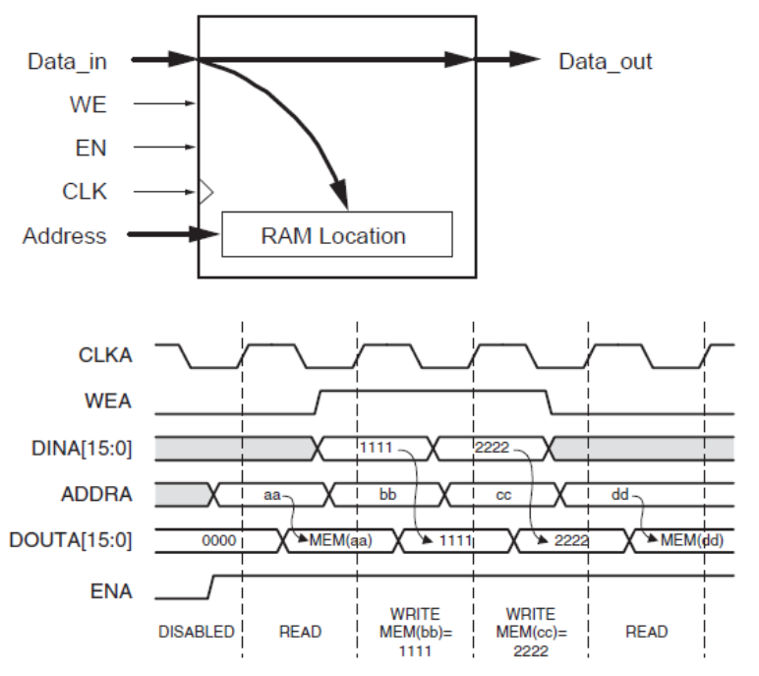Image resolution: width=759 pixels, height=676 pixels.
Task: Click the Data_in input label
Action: (x=66, y=61)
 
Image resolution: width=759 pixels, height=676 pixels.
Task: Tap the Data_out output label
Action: (x=605, y=61)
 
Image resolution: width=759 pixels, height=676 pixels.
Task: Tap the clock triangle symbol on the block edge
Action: (x=205, y=192)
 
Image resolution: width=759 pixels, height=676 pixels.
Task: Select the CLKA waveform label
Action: (x=106, y=355)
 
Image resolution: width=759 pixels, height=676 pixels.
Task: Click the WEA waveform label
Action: (x=110, y=401)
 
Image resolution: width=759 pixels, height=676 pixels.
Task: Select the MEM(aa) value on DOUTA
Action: (x=340, y=539)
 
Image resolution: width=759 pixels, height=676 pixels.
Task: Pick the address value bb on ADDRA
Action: (x=387, y=493)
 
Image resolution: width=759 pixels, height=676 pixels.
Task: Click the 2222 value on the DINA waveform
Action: (x=492, y=448)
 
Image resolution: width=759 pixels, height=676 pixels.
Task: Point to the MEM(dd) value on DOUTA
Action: (x=688, y=539)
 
